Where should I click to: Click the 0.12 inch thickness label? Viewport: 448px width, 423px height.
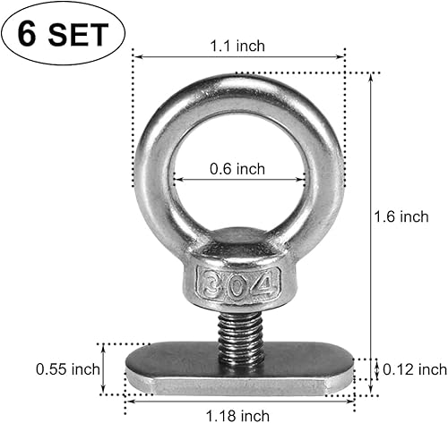[x=414, y=368]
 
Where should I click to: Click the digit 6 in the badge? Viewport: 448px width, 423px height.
[x=29, y=34]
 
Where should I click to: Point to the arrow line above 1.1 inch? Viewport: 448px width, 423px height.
[x=238, y=56]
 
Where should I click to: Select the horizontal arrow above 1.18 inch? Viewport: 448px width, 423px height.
[x=237, y=396]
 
